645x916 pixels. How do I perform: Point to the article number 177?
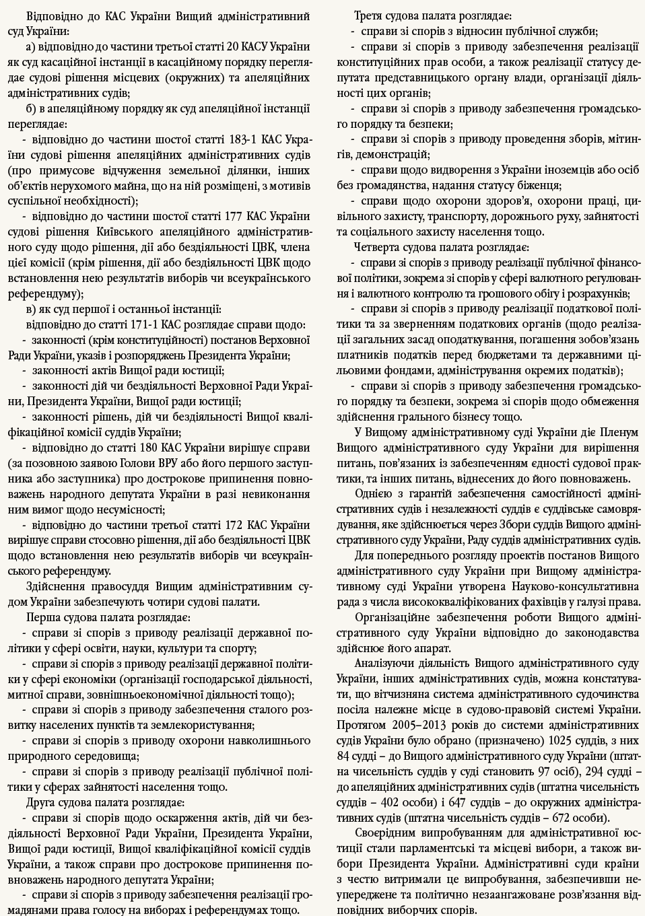tap(232, 216)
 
